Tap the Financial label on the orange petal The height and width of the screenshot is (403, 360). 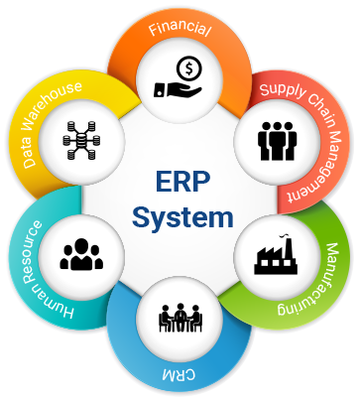click(x=180, y=29)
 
